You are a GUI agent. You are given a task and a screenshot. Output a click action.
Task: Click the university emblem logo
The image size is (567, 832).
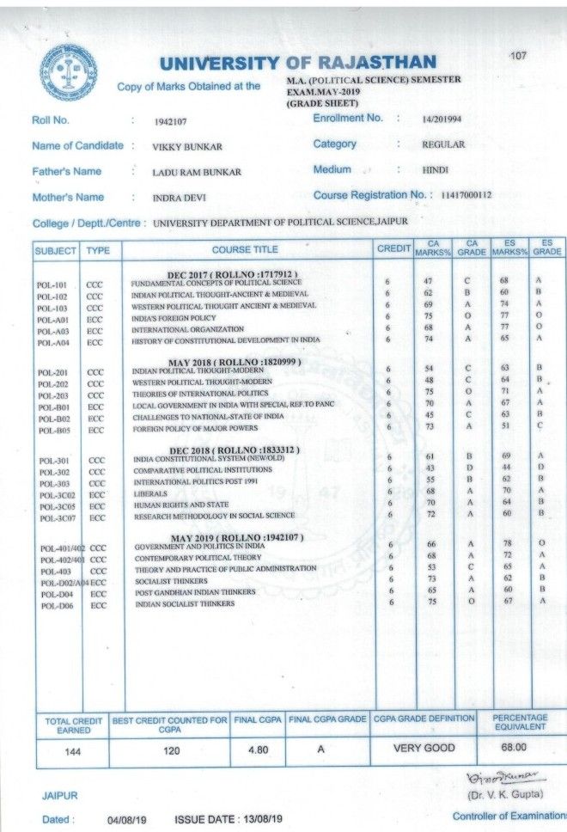point(69,72)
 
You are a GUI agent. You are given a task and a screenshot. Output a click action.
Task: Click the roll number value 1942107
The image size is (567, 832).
point(171,121)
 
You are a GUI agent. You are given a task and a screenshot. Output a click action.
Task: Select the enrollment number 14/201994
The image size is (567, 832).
point(442,119)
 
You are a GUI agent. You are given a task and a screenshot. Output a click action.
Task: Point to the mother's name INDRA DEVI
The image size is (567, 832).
point(179,198)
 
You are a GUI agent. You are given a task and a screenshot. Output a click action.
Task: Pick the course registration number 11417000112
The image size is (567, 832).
point(465,195)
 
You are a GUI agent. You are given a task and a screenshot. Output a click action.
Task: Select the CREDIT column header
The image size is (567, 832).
point(393,249)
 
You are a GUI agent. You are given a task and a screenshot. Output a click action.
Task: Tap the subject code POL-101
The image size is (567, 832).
point(53,284)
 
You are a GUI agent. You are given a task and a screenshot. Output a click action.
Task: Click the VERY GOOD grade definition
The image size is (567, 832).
point(424,748)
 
